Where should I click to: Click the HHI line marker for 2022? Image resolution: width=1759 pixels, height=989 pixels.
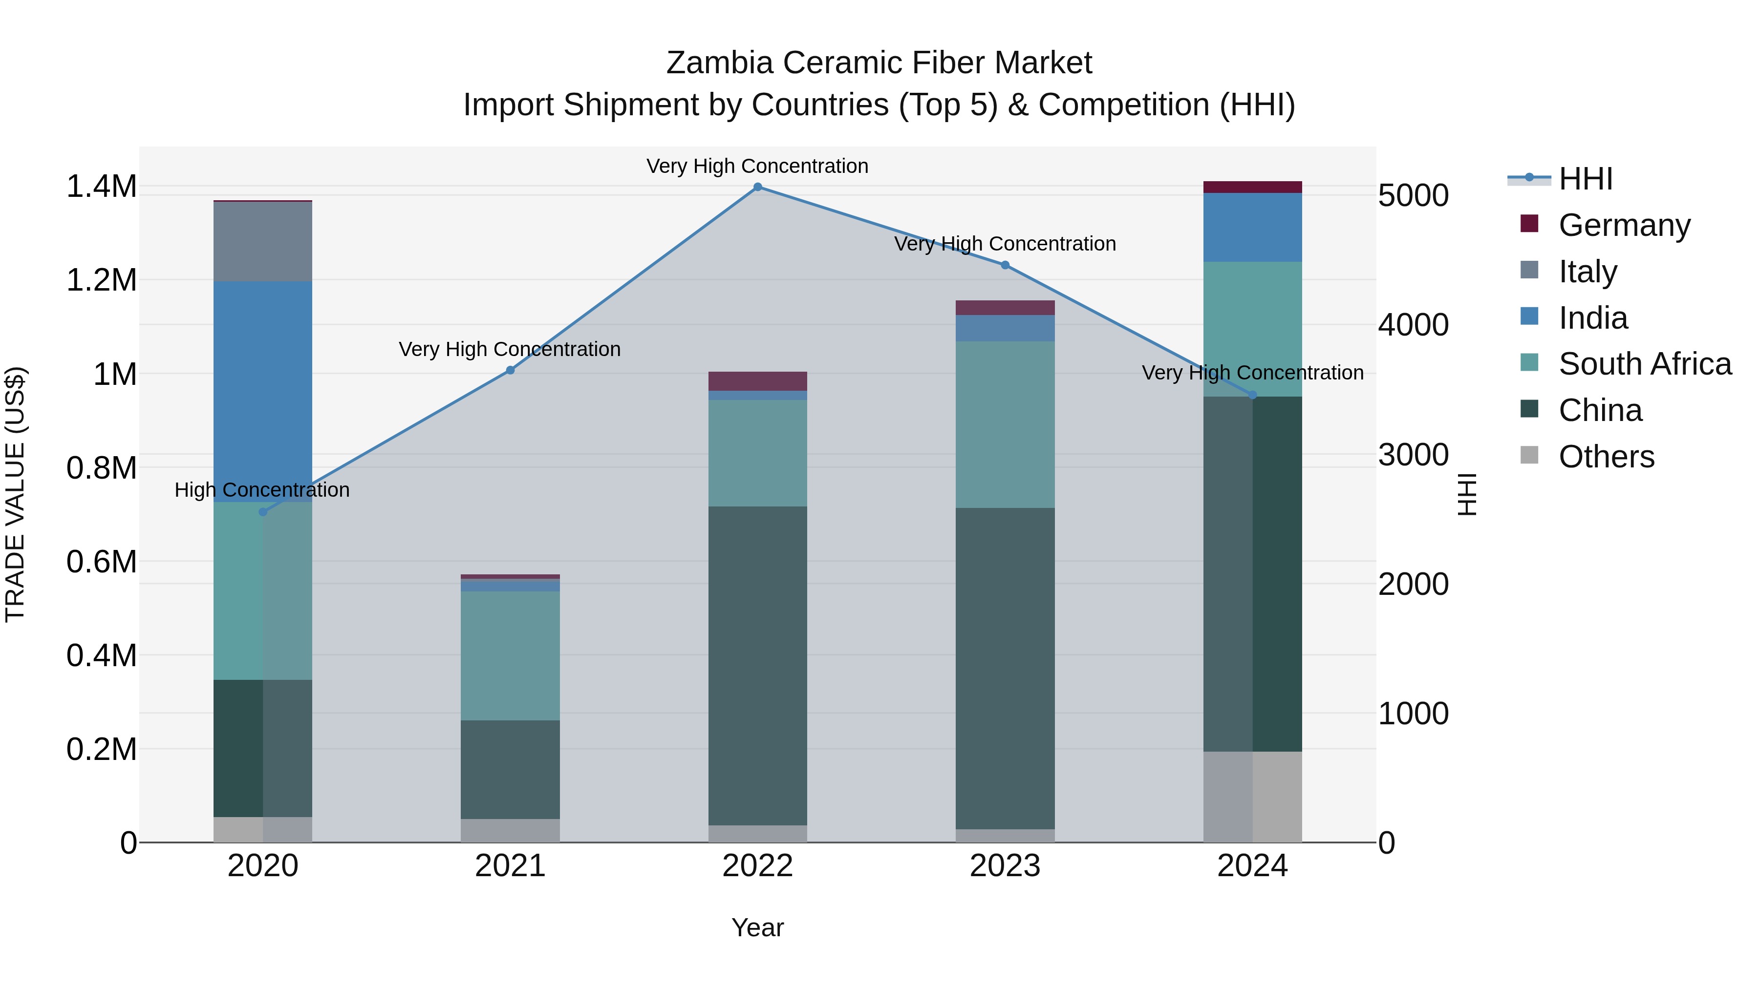[757, 187]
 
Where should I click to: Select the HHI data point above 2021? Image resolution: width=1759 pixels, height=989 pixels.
[510, 370]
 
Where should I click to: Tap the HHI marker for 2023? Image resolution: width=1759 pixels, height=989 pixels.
[1005, 265]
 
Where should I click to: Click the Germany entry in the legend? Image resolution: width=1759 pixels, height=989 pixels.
[1624, 225]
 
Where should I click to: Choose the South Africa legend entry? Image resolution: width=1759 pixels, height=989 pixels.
[1644, 364]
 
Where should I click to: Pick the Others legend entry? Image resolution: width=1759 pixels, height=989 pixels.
[1606, 456]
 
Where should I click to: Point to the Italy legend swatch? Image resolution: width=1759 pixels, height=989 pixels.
[1529, 270]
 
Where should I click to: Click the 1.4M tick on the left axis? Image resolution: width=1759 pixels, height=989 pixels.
[101, 187]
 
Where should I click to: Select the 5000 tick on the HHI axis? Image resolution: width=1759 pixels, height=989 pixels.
[1413, 195]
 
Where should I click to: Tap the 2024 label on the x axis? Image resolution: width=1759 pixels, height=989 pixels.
[1252, 866]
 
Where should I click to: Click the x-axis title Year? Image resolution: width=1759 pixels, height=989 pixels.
[757, 927]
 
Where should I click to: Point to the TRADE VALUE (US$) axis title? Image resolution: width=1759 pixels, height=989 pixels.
[15, 494]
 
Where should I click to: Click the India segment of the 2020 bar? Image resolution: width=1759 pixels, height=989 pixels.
[263, 391]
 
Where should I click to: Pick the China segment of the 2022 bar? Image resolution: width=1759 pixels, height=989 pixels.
[757, 666]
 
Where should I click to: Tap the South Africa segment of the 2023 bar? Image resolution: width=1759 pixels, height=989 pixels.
[1005, 424]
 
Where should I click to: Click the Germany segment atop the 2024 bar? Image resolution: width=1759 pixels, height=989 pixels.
[1252, 187]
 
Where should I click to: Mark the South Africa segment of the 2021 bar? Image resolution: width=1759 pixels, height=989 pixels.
[510, 655]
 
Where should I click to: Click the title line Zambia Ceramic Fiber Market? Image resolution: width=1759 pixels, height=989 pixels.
[879, 63]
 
